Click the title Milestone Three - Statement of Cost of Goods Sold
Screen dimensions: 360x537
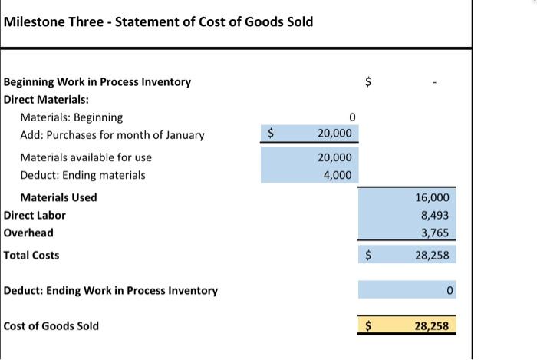tap(158, 21)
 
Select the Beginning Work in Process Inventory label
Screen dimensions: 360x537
tap(97, 81)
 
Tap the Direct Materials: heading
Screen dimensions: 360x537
tap(46, 99)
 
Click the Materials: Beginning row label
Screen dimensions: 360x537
tap(71, 117)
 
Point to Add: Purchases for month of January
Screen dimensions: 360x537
tap(112, 135)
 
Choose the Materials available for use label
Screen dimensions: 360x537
tap(86, 157)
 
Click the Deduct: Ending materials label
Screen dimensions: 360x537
tap(83, 175)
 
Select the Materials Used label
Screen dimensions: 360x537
tap(58, 197)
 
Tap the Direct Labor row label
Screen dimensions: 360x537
tap(35, 216)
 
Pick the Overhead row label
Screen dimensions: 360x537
tap(28, 233)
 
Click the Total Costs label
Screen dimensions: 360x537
tap(31, 255)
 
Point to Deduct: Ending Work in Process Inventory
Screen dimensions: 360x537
tap(110, 290)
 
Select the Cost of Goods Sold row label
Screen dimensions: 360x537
tap(51, 325)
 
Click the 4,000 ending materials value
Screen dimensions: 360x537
tap(338, 175)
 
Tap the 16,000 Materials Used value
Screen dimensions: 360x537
tap(433, 197)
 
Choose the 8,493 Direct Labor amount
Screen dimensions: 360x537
tap(435, 216)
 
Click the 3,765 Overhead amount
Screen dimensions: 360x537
tap(435, 233)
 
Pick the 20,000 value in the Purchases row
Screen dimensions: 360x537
tap(334, 134)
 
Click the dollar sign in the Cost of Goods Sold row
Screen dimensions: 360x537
tap(368, 326)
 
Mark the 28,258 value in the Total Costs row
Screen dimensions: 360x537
tap(432, 255)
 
